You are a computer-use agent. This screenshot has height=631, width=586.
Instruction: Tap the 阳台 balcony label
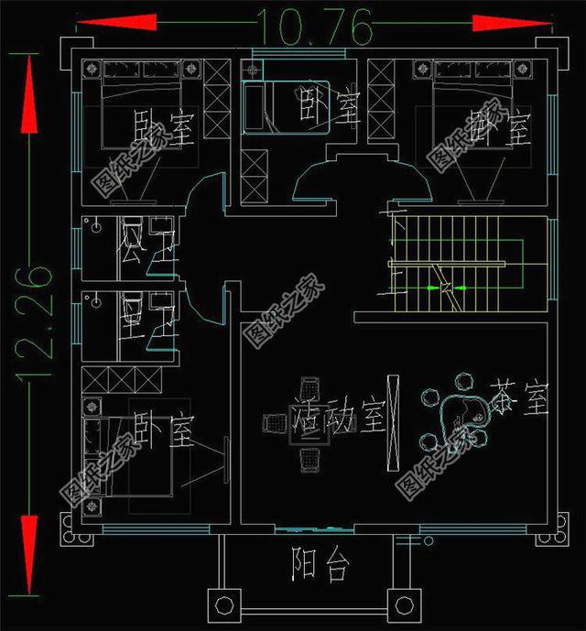320,565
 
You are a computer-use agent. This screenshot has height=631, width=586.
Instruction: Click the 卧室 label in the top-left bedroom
164,128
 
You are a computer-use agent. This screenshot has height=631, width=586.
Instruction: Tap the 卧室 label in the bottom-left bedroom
164,428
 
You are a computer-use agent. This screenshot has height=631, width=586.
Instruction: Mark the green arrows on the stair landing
445,289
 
